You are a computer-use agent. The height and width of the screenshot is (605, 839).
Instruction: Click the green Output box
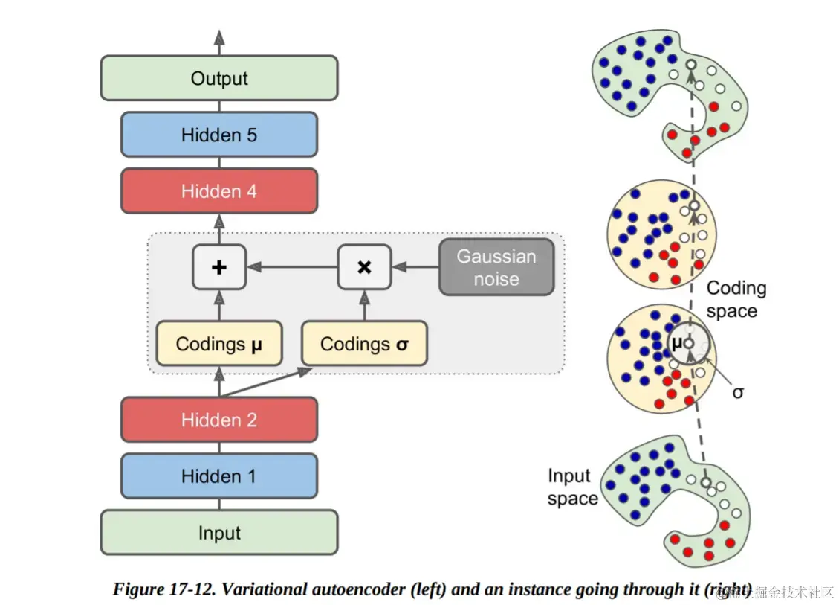coord(219,78)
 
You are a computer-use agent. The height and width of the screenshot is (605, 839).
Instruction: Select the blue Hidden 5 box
coord(219,135)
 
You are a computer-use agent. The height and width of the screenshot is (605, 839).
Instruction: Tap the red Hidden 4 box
coord(219,191)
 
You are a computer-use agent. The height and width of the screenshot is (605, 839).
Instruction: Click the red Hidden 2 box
coord(219,420)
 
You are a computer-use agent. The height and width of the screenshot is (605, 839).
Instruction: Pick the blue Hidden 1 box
coord(219,476)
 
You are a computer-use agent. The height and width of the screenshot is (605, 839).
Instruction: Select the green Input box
coord(219,533)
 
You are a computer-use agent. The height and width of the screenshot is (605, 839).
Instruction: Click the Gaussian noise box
coord(496,267)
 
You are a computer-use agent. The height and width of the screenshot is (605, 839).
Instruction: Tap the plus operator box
coord(218,267)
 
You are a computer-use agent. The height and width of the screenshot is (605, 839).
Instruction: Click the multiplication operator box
coord(364,267)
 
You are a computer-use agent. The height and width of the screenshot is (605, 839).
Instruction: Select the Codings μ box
coord(219,344)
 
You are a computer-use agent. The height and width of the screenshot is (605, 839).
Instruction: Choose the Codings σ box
coord(364,344)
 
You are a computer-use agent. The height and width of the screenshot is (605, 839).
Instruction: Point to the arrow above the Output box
coord(219,42)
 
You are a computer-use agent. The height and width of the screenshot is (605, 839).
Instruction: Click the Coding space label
coord(736,299)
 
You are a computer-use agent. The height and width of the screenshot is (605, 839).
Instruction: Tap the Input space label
coord(572,487)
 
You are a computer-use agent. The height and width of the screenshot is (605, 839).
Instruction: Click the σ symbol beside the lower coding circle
coord(737,391)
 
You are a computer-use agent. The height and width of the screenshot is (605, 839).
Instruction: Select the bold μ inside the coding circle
coord(677,343)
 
